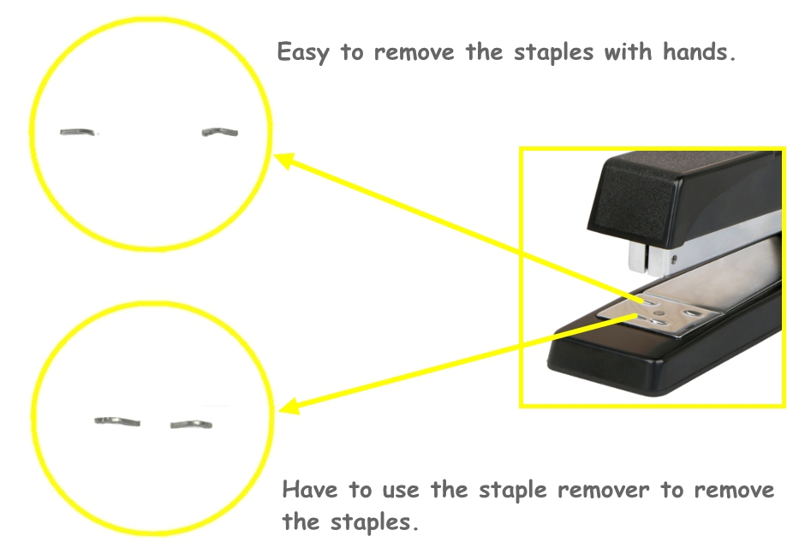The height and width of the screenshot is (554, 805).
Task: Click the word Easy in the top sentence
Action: pos(304,53)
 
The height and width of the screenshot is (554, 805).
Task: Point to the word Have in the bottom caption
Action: pos(309,490)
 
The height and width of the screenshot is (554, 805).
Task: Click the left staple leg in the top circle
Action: pos(79,132)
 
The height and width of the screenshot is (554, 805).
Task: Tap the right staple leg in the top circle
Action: pos(220,132)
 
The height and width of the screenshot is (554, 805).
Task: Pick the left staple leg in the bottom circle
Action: pos(116,420)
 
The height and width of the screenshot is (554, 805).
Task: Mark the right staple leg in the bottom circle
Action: pos(192,423)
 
